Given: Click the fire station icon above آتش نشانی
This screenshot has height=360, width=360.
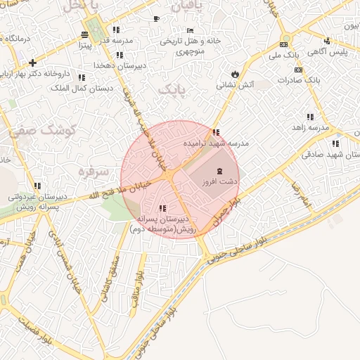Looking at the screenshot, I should point(234,73).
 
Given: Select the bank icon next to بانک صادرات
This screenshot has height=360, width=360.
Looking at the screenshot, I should point(298,70).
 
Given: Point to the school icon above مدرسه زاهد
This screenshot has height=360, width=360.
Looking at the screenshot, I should point(309,117).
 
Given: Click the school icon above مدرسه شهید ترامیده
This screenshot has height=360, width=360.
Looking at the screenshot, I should point(216,132).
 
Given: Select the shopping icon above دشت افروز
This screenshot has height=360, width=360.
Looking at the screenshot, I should point(219,171).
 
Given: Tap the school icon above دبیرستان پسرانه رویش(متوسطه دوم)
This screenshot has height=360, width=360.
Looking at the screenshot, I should point(162,208).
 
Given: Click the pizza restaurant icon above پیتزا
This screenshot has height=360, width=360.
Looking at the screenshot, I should point(85,35).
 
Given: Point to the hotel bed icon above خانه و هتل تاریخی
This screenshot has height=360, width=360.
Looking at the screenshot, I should point(189,31).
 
